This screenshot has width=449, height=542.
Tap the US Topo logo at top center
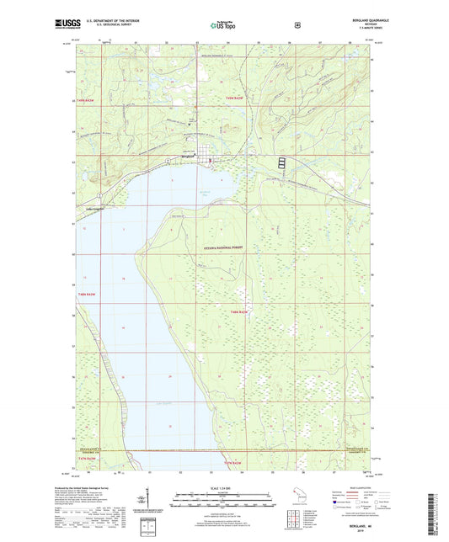(x=224, y=26)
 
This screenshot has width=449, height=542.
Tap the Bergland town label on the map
(x=187, y=155)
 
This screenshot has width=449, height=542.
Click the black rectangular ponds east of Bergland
(x=281, y=162)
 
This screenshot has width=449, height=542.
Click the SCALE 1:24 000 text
(x=224, y=488)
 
